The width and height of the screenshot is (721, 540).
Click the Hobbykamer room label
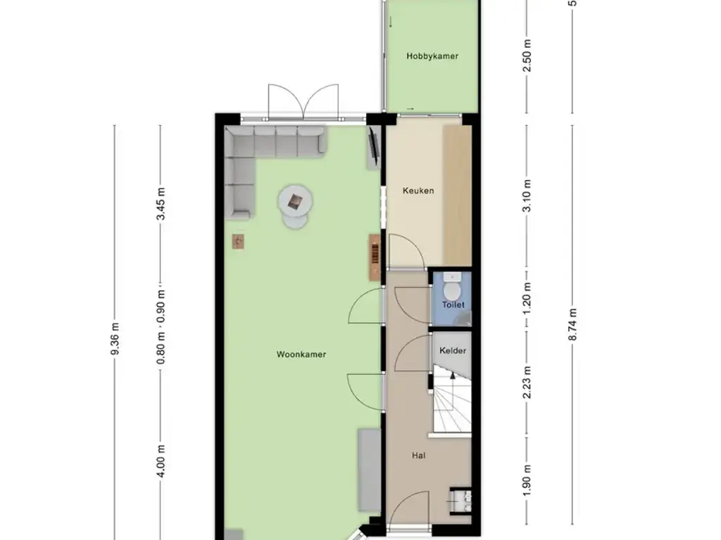432,56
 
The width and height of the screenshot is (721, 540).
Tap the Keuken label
418,191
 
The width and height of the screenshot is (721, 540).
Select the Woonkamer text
301,355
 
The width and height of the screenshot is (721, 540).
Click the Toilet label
453,305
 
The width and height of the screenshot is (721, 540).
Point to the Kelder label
453,350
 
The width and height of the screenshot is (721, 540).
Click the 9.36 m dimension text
115,340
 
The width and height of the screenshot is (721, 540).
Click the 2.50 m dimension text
527,56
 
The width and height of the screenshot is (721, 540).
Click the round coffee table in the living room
294,202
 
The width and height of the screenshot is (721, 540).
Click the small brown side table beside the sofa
239,241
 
